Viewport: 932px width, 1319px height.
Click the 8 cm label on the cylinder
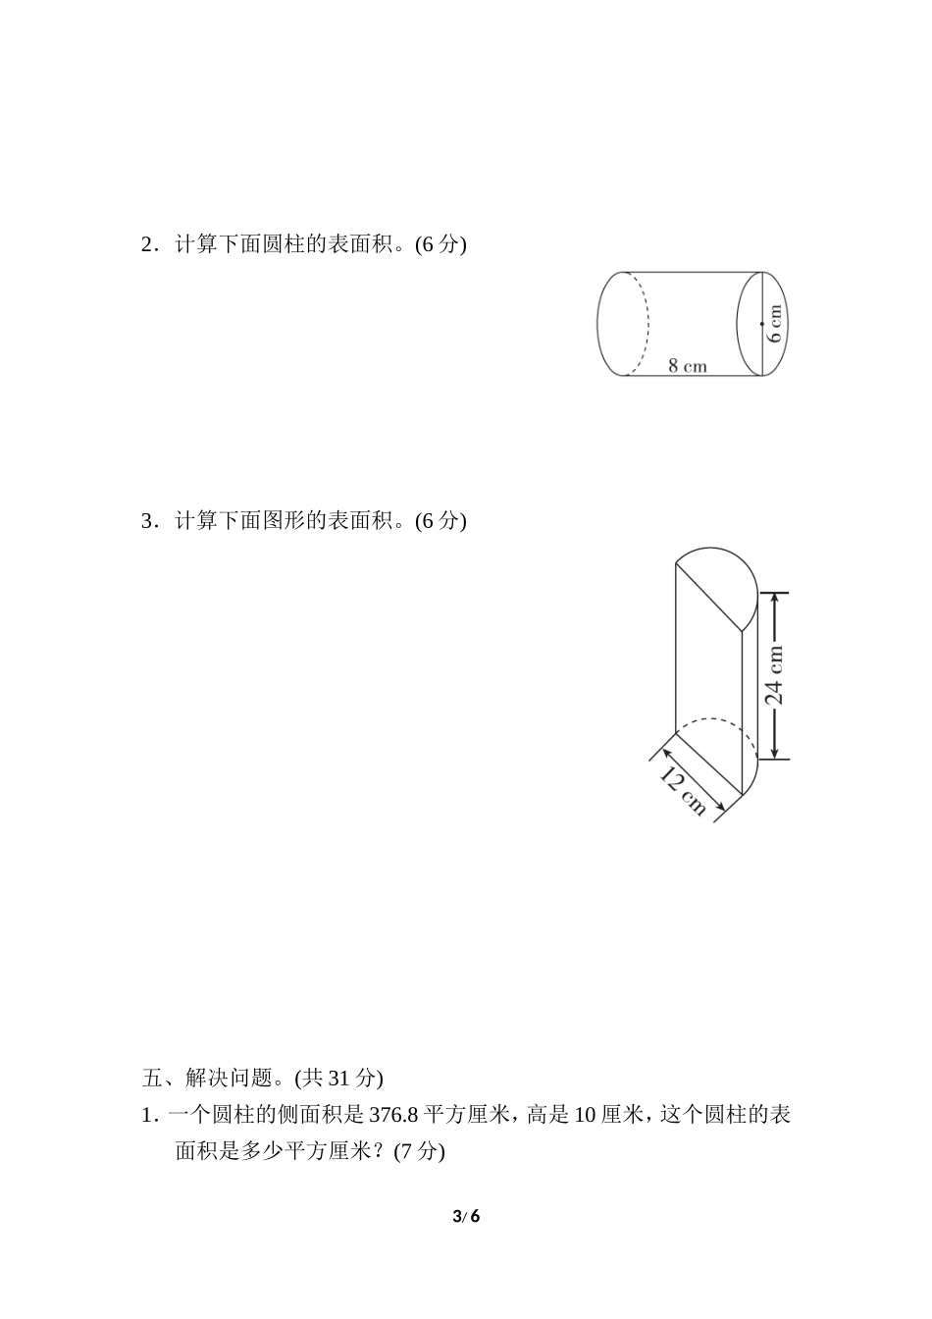point(687,366)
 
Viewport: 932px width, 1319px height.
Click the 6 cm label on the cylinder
point(775,323)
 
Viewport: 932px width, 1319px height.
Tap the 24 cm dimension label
point(775,675)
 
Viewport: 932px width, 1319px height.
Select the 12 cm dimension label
point(683,791)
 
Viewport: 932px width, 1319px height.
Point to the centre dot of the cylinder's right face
point(762,323)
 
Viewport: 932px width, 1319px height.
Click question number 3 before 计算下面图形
point(147,521)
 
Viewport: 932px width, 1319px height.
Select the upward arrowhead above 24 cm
point(775,599)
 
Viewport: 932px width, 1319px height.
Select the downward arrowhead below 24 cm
point(775,752)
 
